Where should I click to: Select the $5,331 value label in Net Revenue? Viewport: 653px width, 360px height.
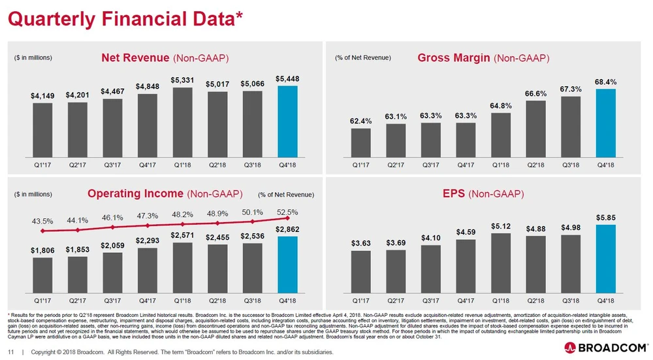(182, 80)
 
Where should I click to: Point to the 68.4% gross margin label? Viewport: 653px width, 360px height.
(605, 82)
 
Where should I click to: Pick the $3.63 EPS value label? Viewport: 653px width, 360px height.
(360, 243)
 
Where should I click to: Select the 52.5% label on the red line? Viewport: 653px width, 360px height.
(287, 211)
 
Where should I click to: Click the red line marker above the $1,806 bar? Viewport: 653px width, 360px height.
(43, 231)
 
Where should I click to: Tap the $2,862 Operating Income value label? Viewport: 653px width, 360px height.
(287, 229)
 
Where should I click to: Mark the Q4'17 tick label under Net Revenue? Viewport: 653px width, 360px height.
(147, 165)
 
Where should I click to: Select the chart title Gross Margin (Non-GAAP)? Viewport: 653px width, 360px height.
(483, 58)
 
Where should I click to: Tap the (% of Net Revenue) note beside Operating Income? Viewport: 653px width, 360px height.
(286, 195)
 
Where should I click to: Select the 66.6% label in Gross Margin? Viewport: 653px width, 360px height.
(535, 93)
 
